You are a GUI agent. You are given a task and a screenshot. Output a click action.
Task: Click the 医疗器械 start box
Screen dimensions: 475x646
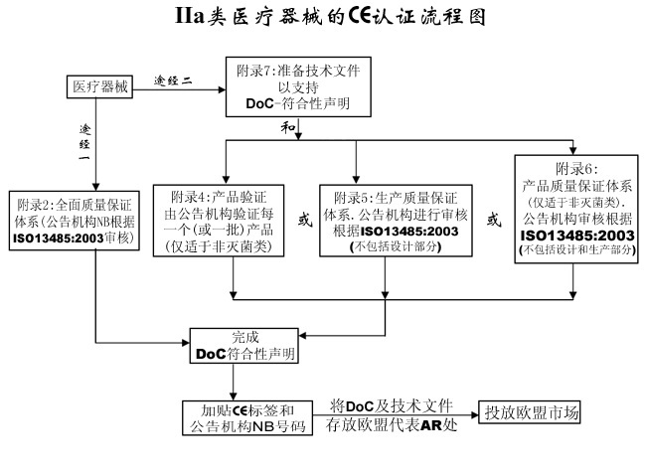pyautogui.click(x=100, y=87)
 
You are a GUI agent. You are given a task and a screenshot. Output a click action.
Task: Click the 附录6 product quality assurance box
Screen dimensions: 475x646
pyautogui.click(x=576, y=209)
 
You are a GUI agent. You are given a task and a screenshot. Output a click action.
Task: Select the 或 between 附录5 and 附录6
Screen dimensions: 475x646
pyautogui.click(x=492, y=220)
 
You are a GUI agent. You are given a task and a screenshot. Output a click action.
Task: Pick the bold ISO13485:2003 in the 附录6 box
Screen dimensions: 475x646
pyautogui.click(x=576, y=235)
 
